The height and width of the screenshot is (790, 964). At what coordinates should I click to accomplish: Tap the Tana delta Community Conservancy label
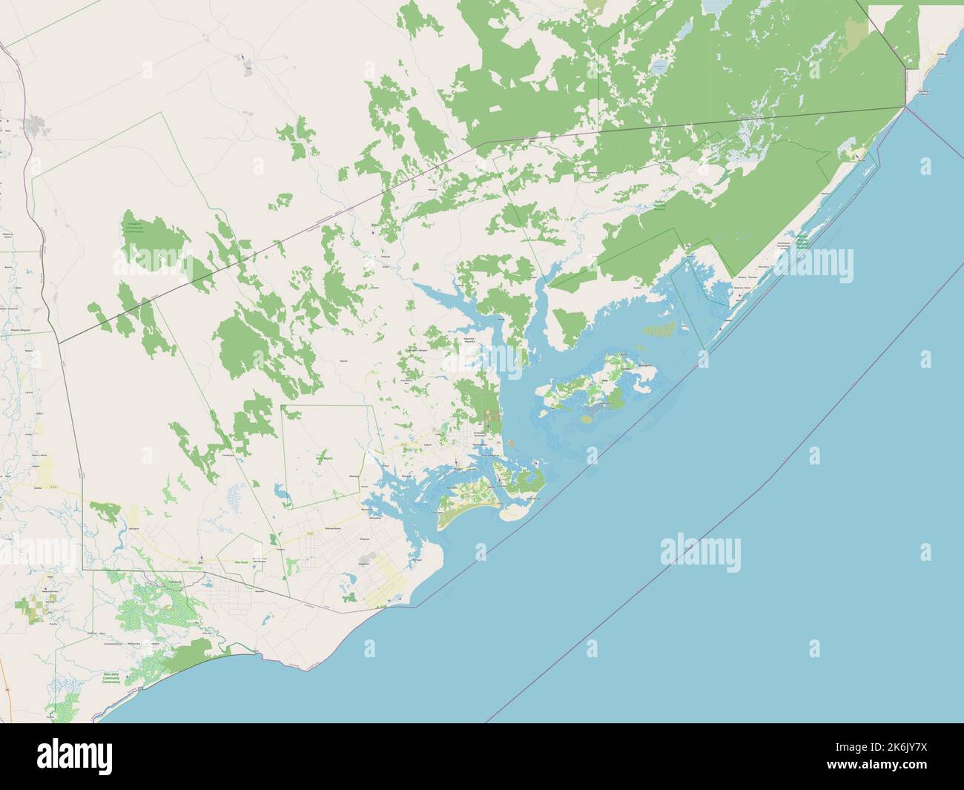115,678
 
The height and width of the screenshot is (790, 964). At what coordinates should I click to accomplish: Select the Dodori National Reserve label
659,205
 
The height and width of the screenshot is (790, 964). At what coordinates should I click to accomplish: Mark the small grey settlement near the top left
247,71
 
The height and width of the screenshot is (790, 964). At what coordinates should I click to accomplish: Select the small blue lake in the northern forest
658,68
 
